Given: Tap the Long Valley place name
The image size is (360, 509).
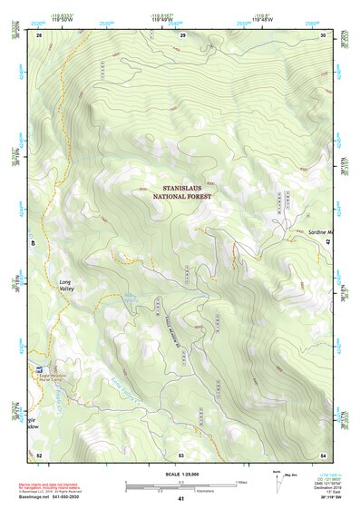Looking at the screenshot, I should pyautogui.click(x=65, y=287).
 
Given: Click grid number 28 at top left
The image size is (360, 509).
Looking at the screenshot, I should pyautogui.click(x=39, y=34).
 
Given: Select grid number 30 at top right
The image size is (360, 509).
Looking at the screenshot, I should pyautogui.click(x=323, y=34).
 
